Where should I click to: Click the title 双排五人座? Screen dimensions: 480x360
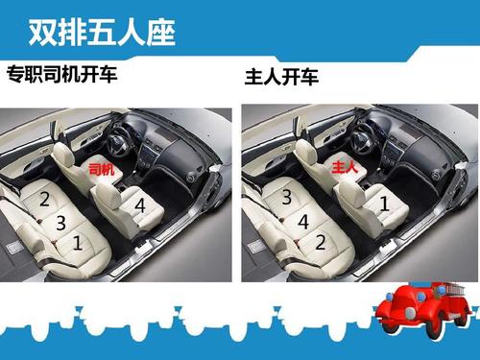click(102, 33)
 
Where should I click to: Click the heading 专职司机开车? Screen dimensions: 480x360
click(62, 74)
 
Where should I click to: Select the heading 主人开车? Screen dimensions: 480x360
click(281, 77)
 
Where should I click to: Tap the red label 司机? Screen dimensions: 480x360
click(102, 169)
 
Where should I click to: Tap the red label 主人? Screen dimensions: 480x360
click(345, 167)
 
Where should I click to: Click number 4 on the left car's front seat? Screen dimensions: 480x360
click(140, 205)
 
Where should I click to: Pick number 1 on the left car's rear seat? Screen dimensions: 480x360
click(78, 243)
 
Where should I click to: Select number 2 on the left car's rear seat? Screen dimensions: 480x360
click(44, 199)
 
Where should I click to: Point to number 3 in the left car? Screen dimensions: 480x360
click(60, 223)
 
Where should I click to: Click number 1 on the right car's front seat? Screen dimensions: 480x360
click(385, 204)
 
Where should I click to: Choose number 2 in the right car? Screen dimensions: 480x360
click(321, 242)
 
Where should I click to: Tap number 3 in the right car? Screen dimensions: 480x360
click(287, 197)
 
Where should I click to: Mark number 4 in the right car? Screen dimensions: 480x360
click(303, 222)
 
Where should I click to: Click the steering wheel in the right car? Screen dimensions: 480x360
click(362, 140)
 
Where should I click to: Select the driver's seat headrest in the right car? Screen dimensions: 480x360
click(306, 153)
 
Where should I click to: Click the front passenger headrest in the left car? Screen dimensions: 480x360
click(108, 195)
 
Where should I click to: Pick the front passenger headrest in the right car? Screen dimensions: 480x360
click(351, 193)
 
